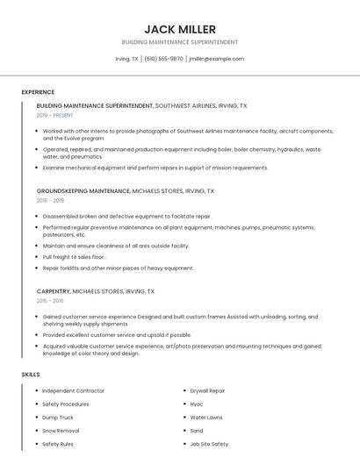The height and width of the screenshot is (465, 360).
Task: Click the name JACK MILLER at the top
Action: click(x=179, y=29)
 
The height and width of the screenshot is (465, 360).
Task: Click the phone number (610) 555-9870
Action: click(x=164, y=59)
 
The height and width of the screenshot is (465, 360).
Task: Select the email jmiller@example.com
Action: click(x=216, y=59)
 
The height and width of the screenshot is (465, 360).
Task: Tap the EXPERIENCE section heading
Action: click(x=38, y=92)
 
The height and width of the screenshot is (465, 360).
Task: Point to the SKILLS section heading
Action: click(x=31, y=375)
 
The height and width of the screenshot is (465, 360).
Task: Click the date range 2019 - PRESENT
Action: click(x=55, y=115)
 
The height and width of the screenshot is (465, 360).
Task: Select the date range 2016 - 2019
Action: click(x=50, y=200)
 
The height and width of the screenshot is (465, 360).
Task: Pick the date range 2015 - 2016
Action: click(x=50, y=300)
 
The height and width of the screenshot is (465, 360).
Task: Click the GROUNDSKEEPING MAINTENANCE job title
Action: click(x=83, y=190)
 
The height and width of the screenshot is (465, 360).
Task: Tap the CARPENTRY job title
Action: click(x=53, y=290)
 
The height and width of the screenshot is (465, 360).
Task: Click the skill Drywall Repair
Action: click(x=207, y=390)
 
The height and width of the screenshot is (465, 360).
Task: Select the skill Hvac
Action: click(x=197, y=404)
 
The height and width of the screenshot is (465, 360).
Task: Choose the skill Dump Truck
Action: click(x=58, y=418)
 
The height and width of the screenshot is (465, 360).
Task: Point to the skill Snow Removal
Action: click(x=61, y=431)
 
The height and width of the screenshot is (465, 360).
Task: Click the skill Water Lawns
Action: click(x=206, y=418)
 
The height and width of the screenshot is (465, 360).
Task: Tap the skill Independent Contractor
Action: click(x=73, y=390)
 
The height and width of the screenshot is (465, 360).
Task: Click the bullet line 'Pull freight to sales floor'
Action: click(x=74, y=257)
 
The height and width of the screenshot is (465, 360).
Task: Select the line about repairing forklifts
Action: click(x=118, y=268)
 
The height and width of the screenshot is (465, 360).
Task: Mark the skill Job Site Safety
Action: click(x=209, y=444)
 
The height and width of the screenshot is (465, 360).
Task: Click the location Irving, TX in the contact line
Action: click(x=126, y=59)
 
